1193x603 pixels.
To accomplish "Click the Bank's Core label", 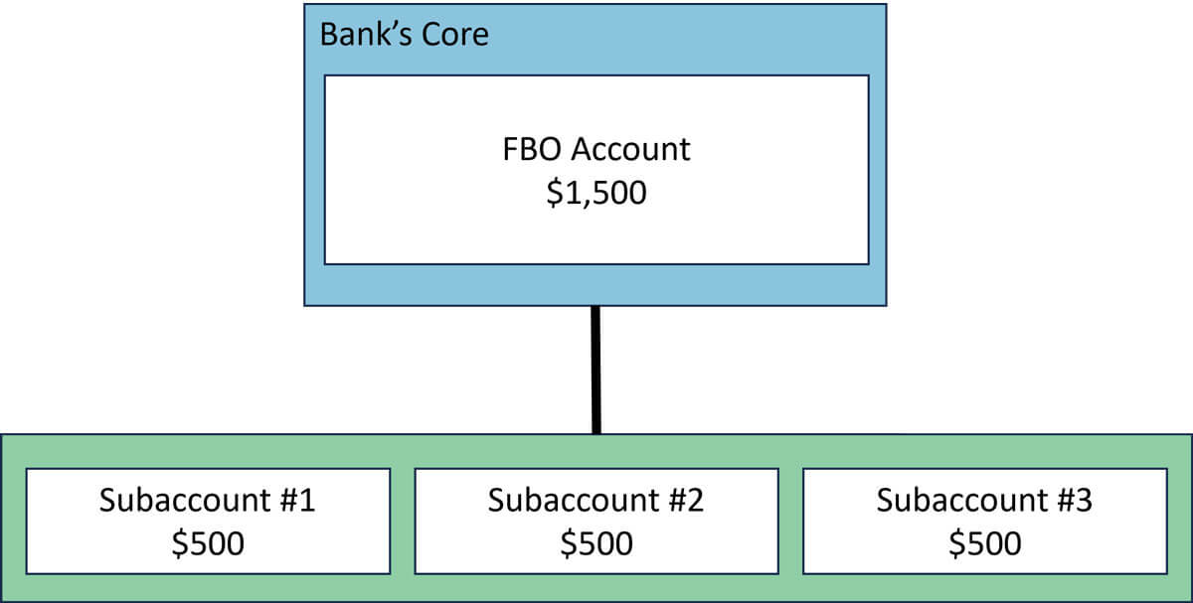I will click(404, 35).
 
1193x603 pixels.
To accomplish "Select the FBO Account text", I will click(596, 149).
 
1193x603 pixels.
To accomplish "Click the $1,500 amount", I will click(596, 192).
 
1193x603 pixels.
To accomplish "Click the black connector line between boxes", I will click(596, 370).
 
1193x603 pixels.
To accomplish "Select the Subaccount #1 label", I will click(207, 500).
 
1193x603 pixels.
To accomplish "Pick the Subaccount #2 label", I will click(596, 500).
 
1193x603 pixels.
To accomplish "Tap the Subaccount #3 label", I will click(984, 500).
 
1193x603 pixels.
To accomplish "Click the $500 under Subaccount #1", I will click(207, 543).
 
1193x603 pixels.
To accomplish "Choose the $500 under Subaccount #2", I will click(596, 543).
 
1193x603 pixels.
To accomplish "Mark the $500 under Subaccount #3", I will click(984, 543).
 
